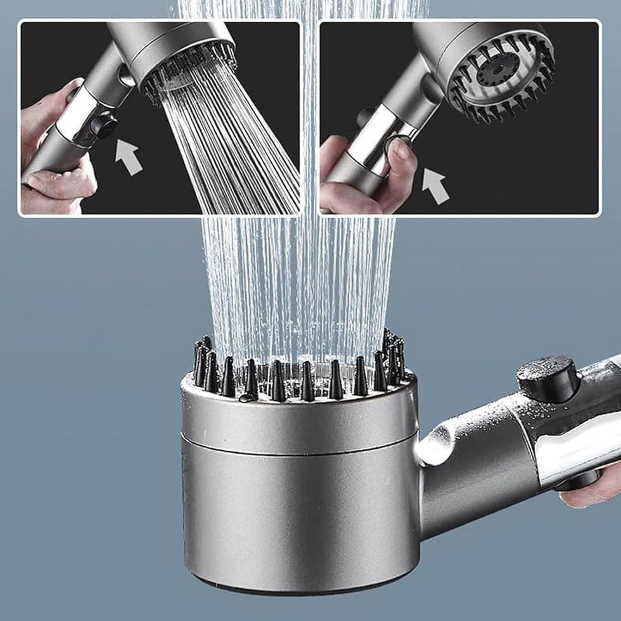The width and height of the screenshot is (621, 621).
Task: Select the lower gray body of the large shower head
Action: pos(299,516)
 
